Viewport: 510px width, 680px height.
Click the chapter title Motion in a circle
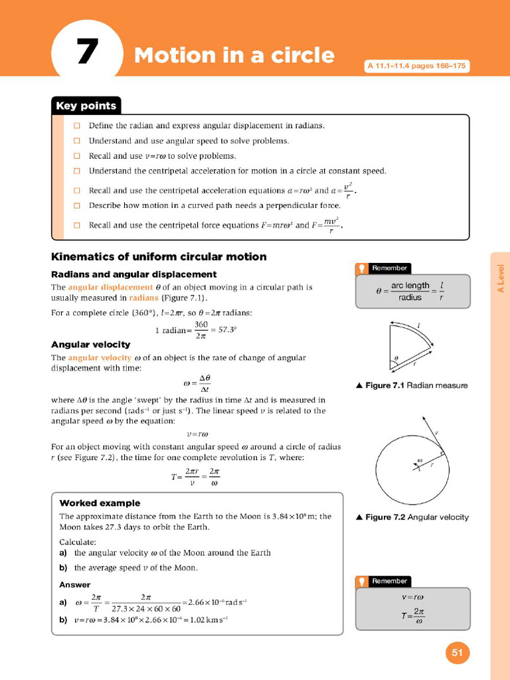234,55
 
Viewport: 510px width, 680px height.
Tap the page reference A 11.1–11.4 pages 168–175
416,66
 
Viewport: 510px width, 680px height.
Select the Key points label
86,106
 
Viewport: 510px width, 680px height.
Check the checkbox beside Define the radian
77,126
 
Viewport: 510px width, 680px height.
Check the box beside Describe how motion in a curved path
77,205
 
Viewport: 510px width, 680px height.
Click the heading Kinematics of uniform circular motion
159,257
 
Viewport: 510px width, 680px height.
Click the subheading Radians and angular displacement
133,274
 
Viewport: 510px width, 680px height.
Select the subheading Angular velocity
91,345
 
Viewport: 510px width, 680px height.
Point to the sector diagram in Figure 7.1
412,345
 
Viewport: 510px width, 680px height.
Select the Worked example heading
100,503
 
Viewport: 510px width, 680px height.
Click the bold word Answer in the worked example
75,584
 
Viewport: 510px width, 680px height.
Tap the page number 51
457,652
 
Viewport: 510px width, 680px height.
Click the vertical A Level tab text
501,279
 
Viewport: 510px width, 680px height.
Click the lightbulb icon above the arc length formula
362,268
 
